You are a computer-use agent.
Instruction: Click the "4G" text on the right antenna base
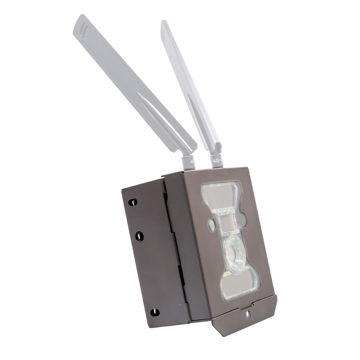[x=217, y=158]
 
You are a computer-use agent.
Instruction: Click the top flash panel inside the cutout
[x=220, y=194]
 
